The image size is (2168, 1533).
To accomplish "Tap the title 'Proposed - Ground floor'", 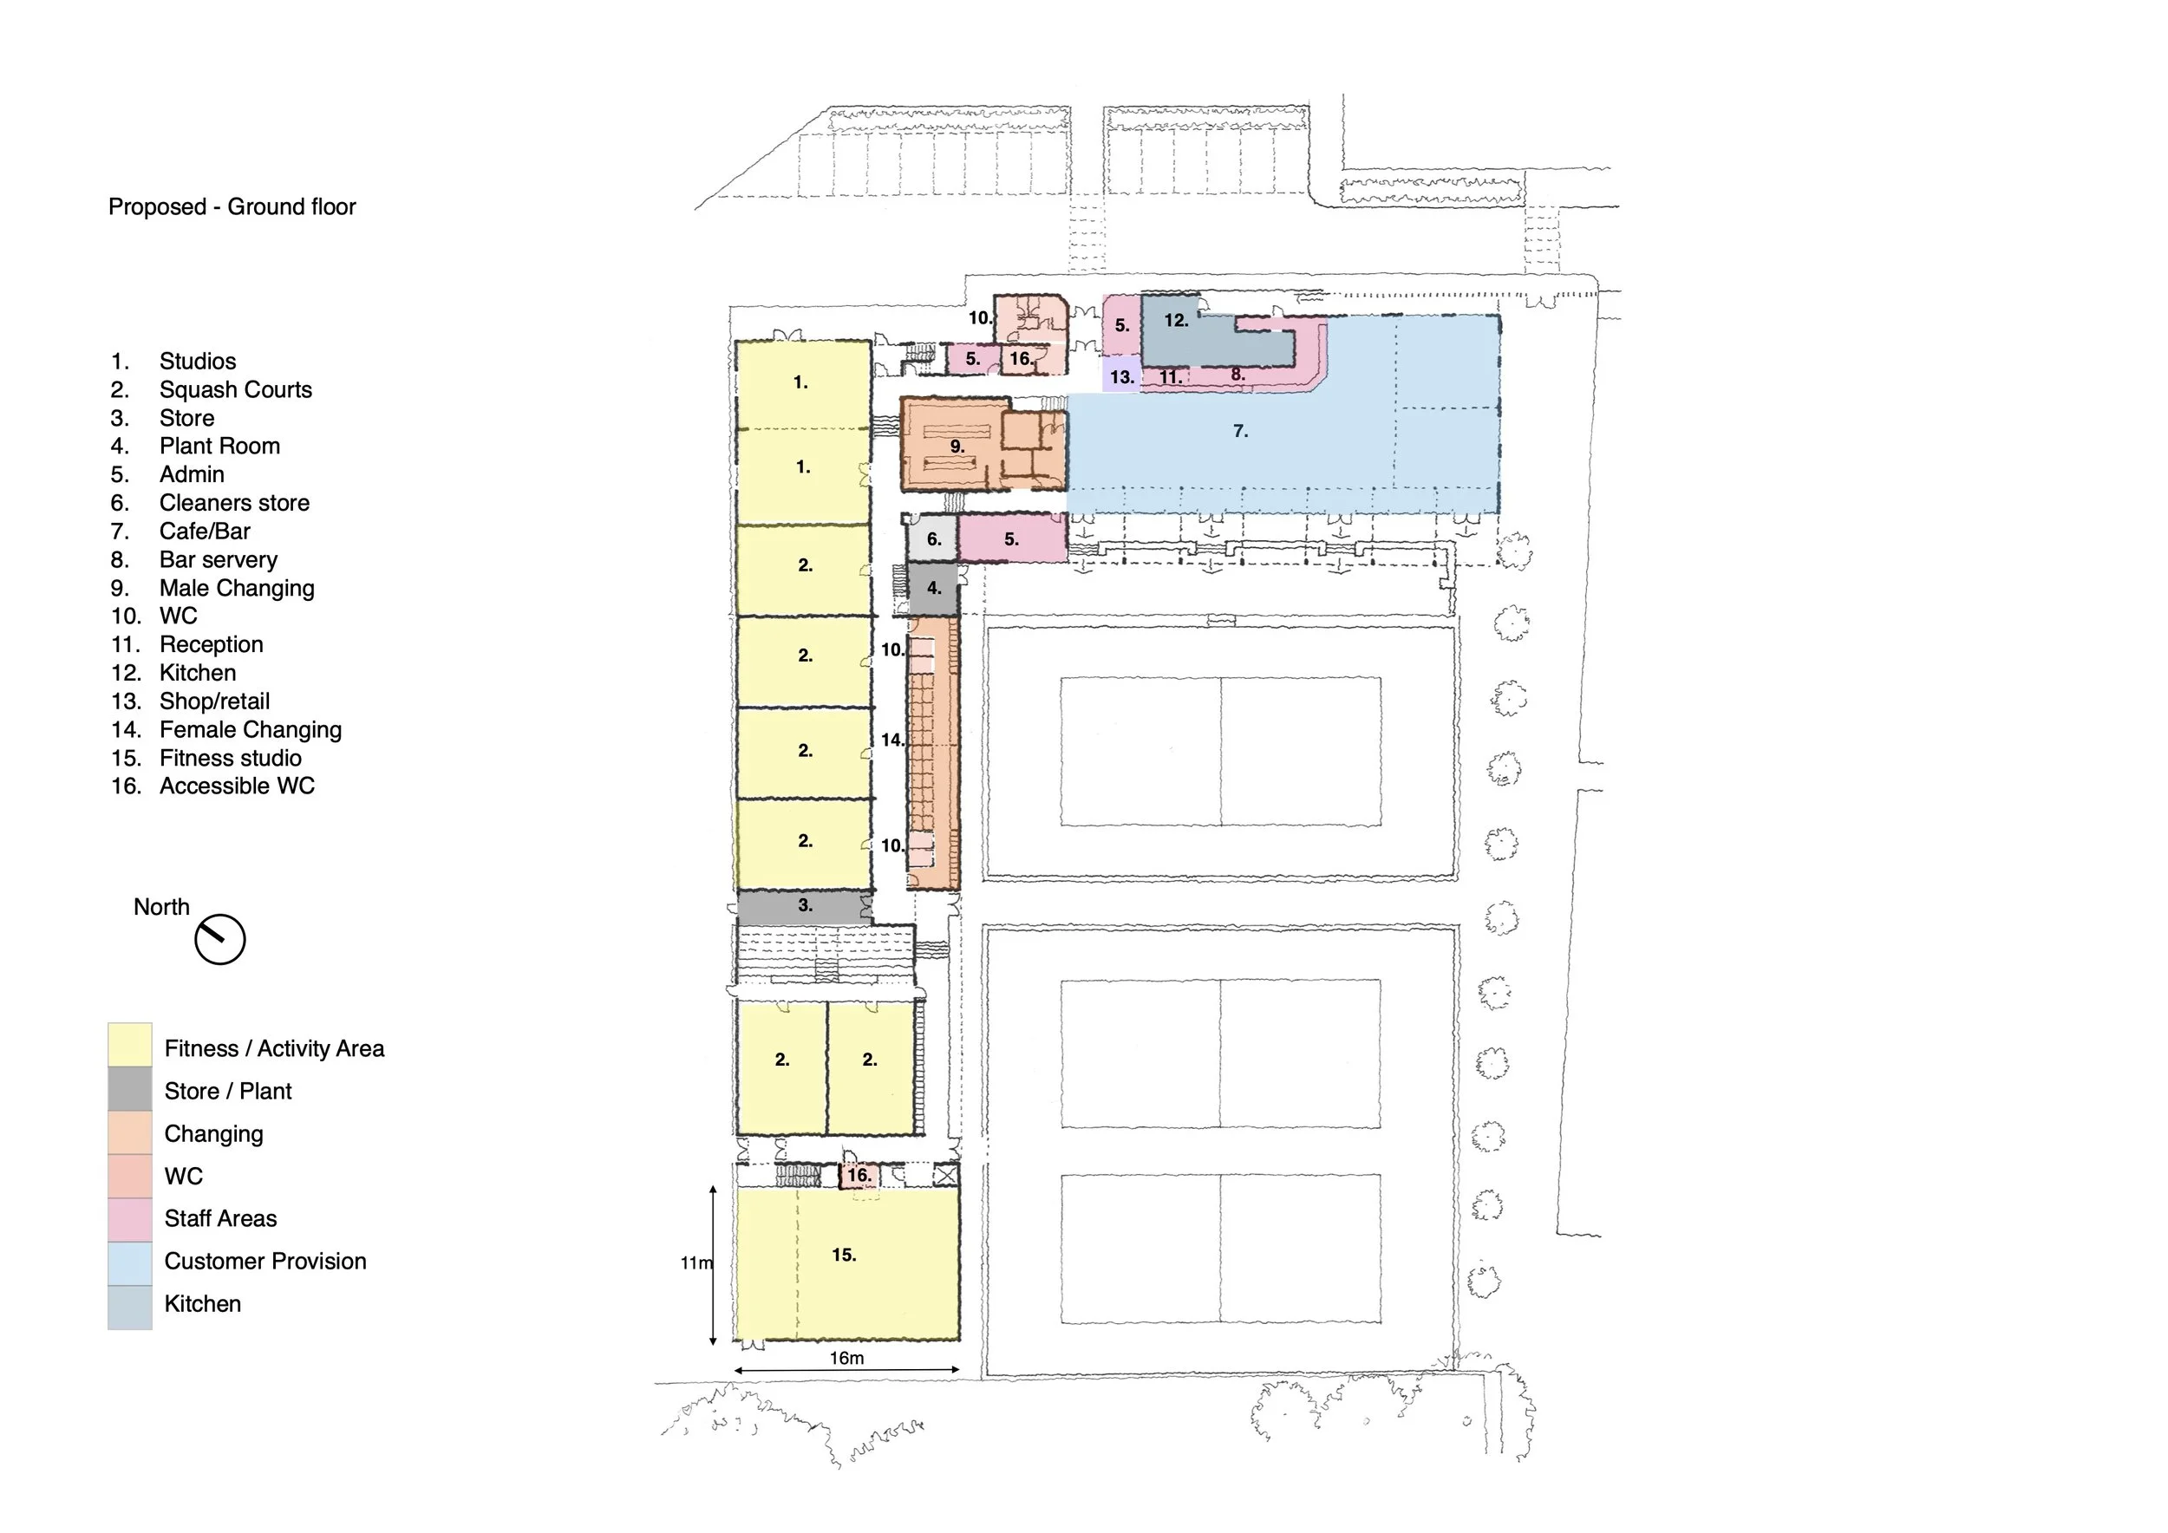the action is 232,206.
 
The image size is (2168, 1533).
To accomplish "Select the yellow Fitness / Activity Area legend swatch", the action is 129,1045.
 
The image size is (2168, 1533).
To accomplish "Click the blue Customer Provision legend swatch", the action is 129,1264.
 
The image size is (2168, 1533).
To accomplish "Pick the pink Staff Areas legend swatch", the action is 129,1221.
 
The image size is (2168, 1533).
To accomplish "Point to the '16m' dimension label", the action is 847,1358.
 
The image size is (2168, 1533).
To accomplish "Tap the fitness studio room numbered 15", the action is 847,1263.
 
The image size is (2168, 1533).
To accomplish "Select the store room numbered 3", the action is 805,906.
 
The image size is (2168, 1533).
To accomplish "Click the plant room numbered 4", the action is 933,588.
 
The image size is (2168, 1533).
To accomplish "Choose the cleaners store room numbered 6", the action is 933,539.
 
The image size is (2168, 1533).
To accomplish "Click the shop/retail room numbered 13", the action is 1122,375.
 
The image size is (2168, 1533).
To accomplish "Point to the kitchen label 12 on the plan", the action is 1176,320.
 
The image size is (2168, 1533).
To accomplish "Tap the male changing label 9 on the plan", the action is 957,447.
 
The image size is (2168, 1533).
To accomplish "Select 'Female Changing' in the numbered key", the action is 251,730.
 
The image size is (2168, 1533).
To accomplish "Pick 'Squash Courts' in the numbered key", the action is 235,390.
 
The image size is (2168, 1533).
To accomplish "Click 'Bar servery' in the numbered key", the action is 219,560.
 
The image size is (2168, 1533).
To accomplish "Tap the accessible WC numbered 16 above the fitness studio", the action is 859,1175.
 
